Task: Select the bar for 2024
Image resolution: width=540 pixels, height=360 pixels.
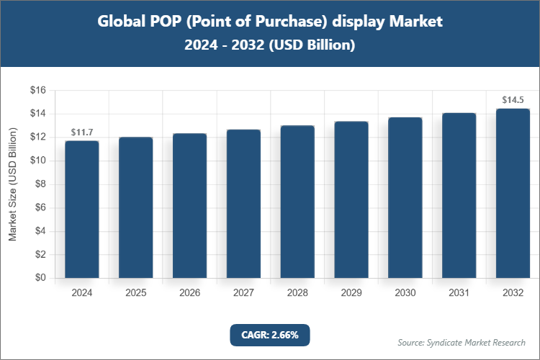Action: point(81,210)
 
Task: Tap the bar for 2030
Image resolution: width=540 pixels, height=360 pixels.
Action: point(405,198)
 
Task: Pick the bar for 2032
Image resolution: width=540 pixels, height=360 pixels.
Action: point(513,193)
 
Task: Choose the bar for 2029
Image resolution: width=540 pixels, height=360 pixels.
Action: point(351,200)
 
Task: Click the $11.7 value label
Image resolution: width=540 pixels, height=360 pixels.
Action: point(81,132)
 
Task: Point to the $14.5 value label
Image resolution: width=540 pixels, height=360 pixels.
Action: point(513,100)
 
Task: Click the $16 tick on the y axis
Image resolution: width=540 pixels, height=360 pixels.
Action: point(37,91)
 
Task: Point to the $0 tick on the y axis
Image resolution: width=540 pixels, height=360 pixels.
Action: point(40,278)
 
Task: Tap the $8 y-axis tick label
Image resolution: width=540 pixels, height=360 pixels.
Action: point(40,184)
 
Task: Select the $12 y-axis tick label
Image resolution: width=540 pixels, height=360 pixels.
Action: point(37,138)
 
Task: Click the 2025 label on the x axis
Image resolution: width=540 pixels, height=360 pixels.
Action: point(135,293)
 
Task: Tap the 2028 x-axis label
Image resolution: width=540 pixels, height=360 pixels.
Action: point(297,293)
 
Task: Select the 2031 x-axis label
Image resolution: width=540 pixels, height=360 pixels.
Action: point(459,293)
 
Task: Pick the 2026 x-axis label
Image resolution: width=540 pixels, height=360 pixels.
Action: point(189,293)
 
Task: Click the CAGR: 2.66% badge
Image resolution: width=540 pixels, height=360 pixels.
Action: point(269,335)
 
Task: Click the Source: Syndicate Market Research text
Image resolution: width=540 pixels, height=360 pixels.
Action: point(462,342)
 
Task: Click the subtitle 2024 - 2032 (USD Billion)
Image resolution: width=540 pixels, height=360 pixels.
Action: point(269,45)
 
